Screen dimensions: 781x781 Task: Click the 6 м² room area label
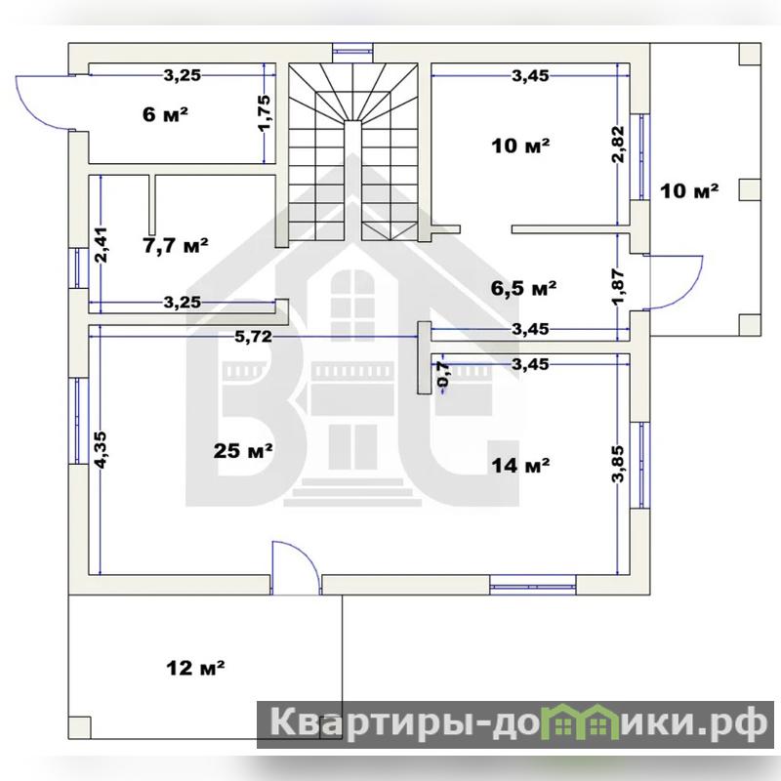click(x=165, y=114)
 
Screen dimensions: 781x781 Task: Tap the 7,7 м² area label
click(x=176, y=245)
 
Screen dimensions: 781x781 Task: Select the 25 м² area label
click(x=243, y=451)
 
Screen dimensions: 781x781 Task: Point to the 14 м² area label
click(x=520, y=466)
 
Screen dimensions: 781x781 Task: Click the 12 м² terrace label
click(x=195, y=668)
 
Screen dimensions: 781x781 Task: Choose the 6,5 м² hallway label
click(x=523, y=288)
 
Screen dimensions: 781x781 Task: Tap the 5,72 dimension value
click(x=254, y=337)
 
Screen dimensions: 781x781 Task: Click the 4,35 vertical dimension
click(x=101, y=450)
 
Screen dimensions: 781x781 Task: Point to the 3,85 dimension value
click(x=618, y=464)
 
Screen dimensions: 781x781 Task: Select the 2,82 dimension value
click(x=618, y=144)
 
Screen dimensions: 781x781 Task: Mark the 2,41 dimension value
click(x=101, y=245)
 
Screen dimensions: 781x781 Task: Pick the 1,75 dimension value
click(x=264, y=112)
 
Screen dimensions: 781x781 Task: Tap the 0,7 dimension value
click(x=443, y=374)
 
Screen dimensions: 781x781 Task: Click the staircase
click(x=352, y=152)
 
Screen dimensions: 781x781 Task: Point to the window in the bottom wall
click(x=532, y=585)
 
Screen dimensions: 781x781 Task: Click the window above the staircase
click(x=352, y=50)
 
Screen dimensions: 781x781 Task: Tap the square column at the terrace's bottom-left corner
click(x=80, y=727)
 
